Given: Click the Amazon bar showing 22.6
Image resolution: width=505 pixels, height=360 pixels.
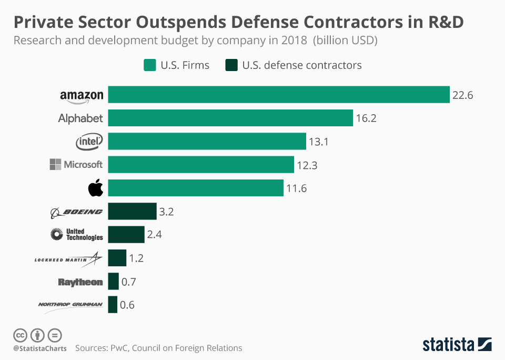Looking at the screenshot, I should [279, 95].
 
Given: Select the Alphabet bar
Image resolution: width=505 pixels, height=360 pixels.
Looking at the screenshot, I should [230, 118].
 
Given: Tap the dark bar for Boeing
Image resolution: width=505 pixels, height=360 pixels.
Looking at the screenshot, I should [133, 212].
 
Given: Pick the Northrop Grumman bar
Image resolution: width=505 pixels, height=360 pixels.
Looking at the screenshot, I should [113, 305].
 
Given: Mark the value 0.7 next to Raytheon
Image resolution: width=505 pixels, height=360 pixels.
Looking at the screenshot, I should [129, 282].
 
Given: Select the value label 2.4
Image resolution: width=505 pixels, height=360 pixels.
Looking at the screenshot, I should [154, 235].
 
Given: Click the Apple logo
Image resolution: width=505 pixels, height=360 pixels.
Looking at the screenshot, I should [96, 188].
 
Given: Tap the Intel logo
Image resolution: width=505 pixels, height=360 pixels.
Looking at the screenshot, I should [89, 141].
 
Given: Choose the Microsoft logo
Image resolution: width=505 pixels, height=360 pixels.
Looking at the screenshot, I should [76, 165].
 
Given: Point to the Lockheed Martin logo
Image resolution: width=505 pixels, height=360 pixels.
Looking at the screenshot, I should [68, 258].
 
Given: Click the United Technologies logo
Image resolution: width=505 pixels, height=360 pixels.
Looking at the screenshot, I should [77, 235].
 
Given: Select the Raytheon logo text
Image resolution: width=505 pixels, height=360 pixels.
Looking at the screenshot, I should [80, 282].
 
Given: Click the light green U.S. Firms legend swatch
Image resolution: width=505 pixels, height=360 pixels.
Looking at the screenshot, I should [149, 65].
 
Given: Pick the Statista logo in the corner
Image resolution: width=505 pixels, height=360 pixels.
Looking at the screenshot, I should [457, 344].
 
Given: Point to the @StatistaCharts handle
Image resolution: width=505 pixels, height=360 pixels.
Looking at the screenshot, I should [40, 348].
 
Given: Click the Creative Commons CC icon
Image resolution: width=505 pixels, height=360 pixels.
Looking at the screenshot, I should [20, 335].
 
